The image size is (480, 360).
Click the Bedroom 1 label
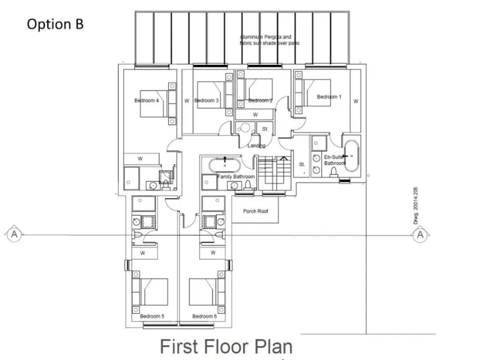329,97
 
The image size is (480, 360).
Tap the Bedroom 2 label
261,100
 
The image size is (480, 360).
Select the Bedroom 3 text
206,100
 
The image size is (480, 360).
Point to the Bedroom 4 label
146,100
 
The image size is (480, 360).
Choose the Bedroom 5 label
152,316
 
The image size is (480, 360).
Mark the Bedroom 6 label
204,316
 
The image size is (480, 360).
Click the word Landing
256,146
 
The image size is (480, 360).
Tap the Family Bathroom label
236,177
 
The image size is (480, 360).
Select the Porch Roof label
255,211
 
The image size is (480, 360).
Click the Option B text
55,24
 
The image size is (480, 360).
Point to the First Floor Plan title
226,346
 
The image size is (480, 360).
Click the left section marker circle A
13,234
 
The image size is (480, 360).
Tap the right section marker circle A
420,234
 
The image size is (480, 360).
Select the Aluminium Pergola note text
266,41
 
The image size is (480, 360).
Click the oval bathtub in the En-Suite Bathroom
352,154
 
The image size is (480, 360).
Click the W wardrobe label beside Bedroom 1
355,101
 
